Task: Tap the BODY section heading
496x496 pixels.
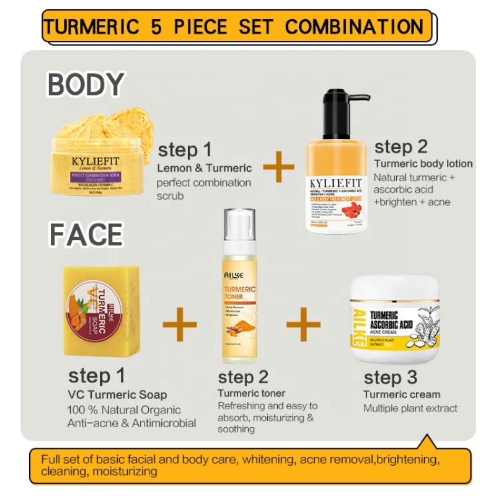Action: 85,84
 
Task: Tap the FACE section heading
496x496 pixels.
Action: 85,235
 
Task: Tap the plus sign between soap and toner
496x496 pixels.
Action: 180,323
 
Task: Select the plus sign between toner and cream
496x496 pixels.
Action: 304,323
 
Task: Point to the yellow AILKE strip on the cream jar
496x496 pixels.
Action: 360,330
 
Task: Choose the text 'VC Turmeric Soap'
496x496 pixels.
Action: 117,394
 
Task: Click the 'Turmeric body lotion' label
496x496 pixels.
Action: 423,164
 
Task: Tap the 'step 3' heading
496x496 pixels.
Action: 391,377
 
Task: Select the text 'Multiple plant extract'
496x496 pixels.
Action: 410,408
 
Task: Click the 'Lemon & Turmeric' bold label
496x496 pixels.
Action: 204,167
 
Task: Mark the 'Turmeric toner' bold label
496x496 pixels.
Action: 252,393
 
